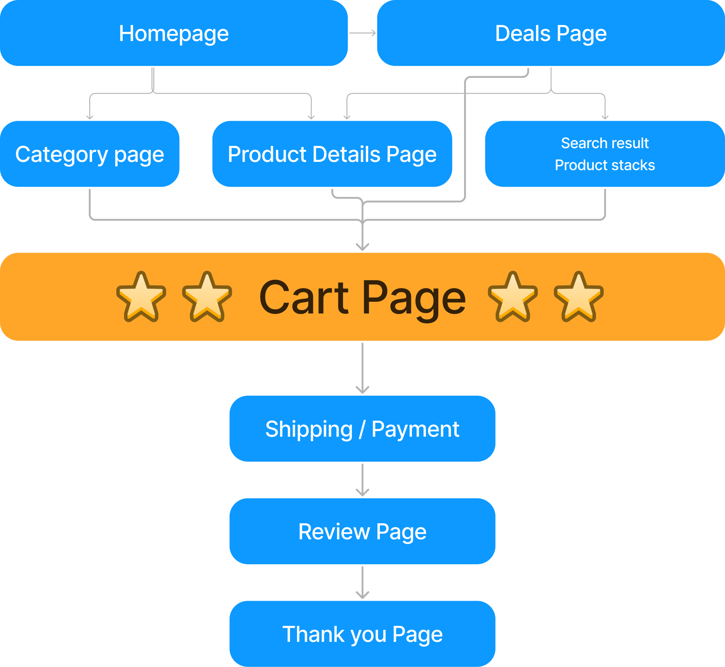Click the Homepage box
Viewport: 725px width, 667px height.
pos(173,33)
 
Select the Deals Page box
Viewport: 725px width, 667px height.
pos(550,33)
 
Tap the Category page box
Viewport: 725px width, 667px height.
pos(90,154)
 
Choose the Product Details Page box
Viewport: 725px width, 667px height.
pos(332,154)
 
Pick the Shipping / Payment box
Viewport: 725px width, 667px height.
pos(362,429)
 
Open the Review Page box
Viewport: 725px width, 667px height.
pos(362,531)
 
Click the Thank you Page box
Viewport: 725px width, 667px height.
pos(362,634)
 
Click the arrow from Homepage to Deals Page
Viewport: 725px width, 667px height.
pos(362,33)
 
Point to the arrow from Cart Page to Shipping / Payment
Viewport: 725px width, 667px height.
pos(362,368)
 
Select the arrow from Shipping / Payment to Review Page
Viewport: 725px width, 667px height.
pos(362,480)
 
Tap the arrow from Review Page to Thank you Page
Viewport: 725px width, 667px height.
pos(362,583)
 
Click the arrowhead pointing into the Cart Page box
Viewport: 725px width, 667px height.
pos(362,247)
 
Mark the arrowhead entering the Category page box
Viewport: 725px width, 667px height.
pos(90,117)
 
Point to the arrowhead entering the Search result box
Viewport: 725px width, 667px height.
pos(605,117)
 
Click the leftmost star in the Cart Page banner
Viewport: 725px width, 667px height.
pos(141,297)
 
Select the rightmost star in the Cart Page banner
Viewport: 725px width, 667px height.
pos(578,297)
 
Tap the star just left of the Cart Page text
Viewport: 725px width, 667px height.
pos(207,297)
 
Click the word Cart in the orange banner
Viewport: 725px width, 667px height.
pos(304,298)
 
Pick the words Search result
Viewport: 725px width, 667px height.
pos(605,143)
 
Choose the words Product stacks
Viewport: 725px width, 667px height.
pos(605,165)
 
